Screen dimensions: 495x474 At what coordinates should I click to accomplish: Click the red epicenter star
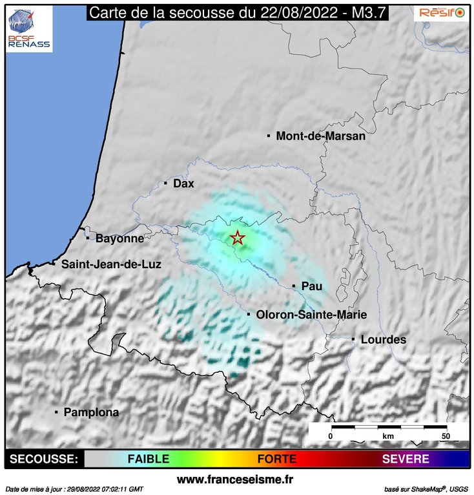pyautogui.click(x=238, y=238)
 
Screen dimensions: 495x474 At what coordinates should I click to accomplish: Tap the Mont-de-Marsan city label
pyautogui.click(x=320, y=136)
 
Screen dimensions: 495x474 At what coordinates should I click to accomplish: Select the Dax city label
pyautogui.click(x=183, y=184)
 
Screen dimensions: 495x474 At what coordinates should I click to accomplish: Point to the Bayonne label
pyautogui.click(x=119, y=238)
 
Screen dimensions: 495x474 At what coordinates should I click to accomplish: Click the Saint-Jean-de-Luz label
pyautogui.click(x=111, y=264)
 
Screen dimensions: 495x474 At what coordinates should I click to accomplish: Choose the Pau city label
pyautogui.click(x=311, y=286)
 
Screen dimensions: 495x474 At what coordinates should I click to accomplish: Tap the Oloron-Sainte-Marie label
pyautogui.click(x=311, y=315)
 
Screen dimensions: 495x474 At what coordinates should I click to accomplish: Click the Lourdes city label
pyautogui.click(x=383, y=340)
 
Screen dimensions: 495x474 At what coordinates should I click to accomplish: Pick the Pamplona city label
pyautogui.click(x=91, y=412)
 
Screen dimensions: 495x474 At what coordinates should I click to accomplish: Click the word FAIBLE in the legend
pyautogui.click(x=148, y=459)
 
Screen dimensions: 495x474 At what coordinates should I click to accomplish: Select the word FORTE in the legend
pyautogui.click(x=276, y=459)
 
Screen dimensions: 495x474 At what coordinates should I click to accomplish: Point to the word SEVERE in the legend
pyautogui.click(x=406, y=459)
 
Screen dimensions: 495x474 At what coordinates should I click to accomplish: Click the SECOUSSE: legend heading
pyautogui.click(x=43, y=459)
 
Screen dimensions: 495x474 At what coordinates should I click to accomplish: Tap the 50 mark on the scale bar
pyautogui.click(x=445, y=436)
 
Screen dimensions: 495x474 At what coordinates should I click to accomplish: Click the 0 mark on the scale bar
pyautogui.click(x=331, y=436)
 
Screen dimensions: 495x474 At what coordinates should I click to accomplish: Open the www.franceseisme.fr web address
pyautogui.click(x=235, y=479)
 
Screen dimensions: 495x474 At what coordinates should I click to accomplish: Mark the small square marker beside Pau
pyautogui.click(x=294, y=286)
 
